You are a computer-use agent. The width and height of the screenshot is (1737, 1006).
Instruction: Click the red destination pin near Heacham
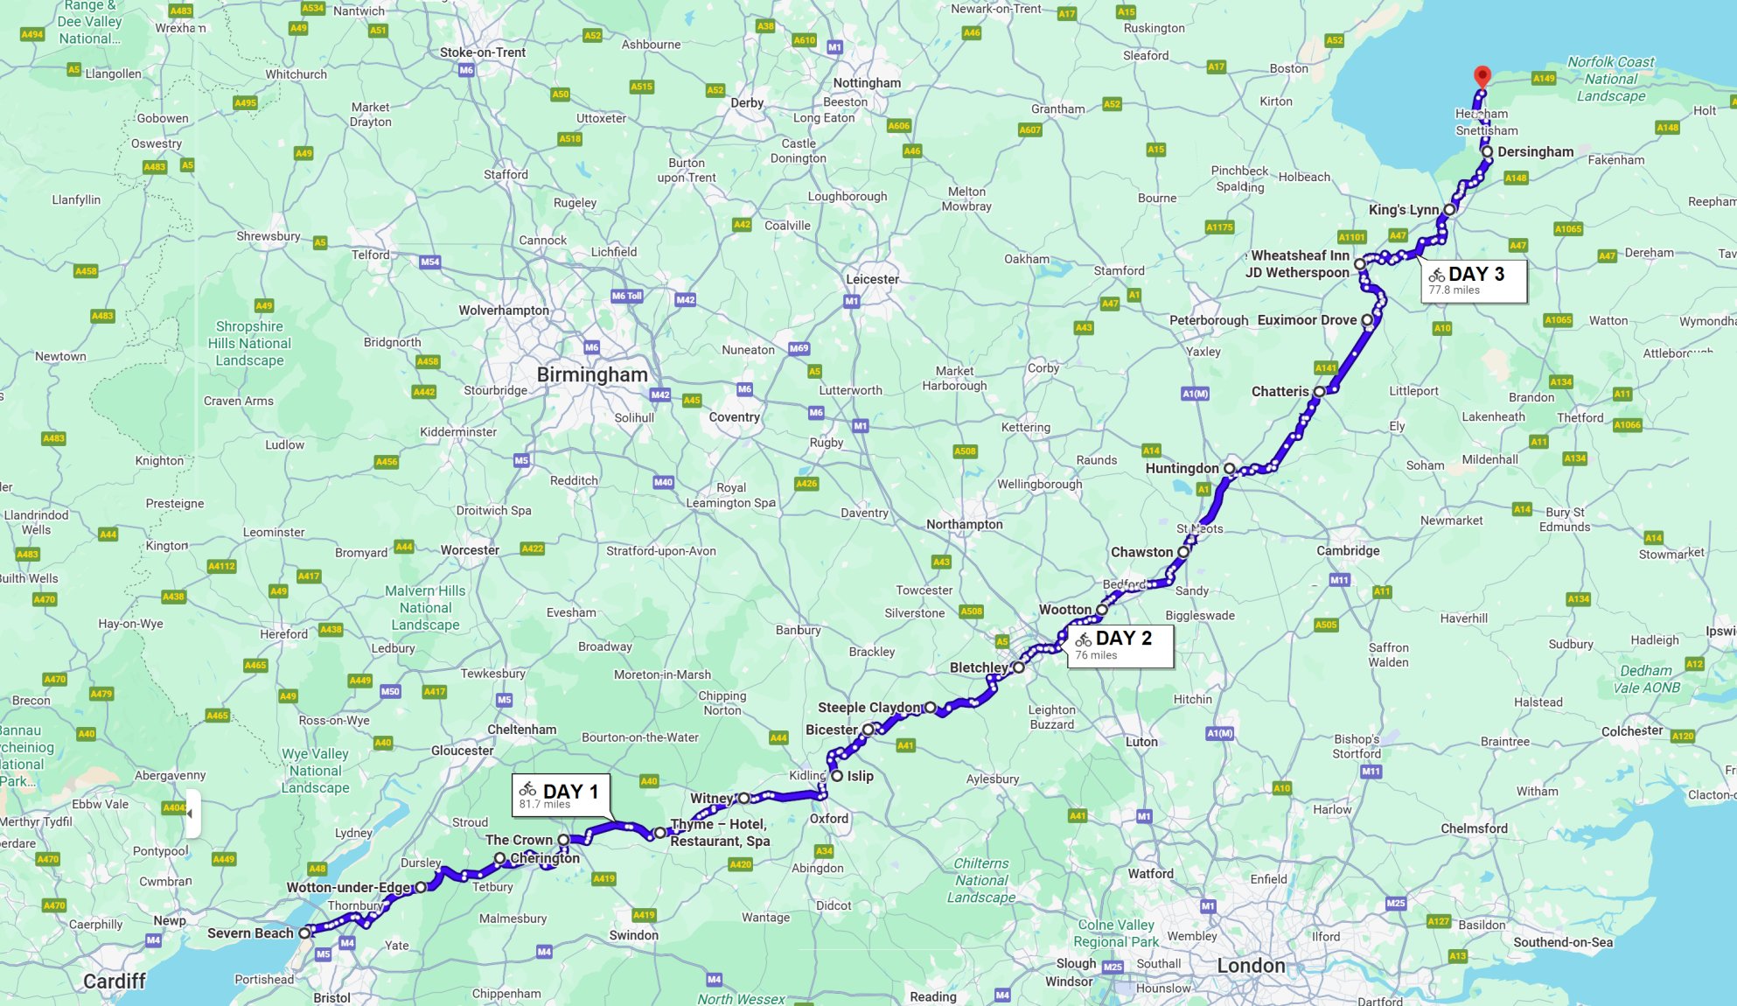(x=1482, y=76)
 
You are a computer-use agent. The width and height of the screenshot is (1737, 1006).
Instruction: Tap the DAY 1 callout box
(x=561, y=794)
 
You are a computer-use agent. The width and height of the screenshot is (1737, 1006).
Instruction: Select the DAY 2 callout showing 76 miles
(x=1120, y=646)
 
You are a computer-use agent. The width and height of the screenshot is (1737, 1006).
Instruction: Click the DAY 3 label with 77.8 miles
(x=1474, y=280)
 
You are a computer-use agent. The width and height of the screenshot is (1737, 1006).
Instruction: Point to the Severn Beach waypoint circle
(x=304, y=933)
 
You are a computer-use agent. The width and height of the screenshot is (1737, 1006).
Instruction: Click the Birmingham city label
(x=592, y=374)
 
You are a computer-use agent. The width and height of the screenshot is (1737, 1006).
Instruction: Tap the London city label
(x=1251, y=966)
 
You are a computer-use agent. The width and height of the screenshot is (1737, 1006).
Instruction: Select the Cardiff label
(x=114, y=981)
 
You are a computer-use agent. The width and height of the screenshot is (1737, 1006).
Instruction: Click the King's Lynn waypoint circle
(x=1449, y=210)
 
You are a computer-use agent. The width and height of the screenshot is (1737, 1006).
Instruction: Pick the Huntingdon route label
(x=1182, y=468)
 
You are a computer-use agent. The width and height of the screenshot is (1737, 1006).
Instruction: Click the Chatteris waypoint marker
(x=1319, y=392)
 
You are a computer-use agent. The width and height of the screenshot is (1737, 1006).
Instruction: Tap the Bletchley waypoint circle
(x=1018, y=667)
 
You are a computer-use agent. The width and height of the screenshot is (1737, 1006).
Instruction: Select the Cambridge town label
(x=1348, y=550)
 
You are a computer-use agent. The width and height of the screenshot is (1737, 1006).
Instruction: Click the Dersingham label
(x=1535, y=151)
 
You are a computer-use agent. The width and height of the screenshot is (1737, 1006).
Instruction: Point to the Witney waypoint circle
(x=743, y=798)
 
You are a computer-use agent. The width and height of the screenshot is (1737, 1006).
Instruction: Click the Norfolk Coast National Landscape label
(x=1610, y=79)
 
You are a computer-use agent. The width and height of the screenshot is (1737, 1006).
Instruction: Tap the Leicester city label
(x=872, y=279)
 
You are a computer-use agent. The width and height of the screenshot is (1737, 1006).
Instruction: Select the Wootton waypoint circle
(x=1101, y=610)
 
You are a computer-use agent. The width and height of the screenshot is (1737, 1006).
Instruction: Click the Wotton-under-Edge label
(x=348, y=887)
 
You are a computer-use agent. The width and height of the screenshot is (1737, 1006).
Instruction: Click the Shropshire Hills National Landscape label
(x=249, y=343)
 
